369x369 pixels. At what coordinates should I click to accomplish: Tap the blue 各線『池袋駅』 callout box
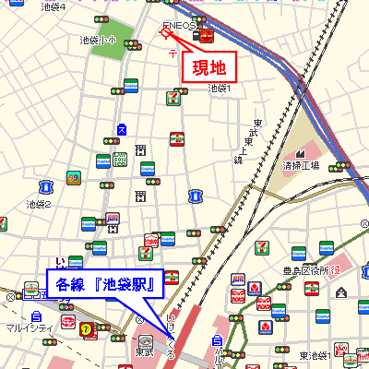104,282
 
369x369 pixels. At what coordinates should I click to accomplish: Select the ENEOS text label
178,26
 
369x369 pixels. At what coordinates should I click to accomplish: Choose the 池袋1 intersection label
219,89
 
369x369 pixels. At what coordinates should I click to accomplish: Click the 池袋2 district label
39,204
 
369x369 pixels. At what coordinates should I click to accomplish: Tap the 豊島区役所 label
304,269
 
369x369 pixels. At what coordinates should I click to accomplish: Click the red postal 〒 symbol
173,54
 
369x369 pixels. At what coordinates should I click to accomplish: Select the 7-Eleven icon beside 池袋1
173,95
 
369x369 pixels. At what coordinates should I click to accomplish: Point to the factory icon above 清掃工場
301,149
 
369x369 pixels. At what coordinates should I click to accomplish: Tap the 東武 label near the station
144,352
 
